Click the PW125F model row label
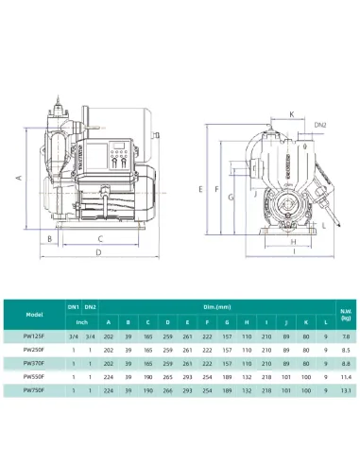click(34, 336)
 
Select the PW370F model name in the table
click(34, 362)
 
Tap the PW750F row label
click(34, 388)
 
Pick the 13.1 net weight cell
click(347, 388)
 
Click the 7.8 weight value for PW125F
click(347, 336)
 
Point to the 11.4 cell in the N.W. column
click(347, 375)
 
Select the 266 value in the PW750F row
click(166, 388)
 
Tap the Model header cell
click(34, 315)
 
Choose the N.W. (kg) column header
click(347, 313)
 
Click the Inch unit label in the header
click(82, 322)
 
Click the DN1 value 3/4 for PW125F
click(74, 336)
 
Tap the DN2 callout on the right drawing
click(320, 125)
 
